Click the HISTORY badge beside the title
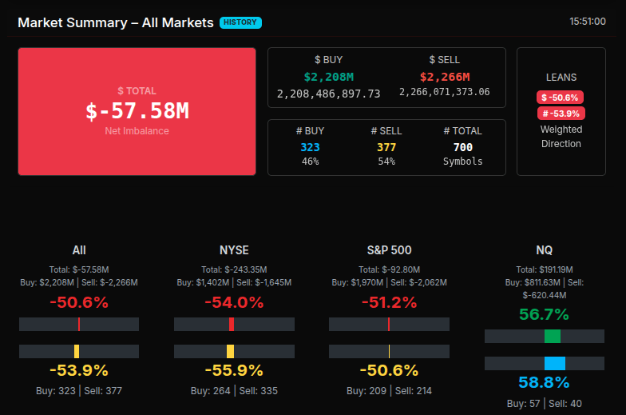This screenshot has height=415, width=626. click(240, 22)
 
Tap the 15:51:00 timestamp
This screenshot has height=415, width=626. click(587, 22)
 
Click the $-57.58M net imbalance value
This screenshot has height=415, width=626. click(137, 111)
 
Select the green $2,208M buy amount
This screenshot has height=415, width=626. click(328, 77)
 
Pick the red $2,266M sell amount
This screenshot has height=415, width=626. click(444, 77)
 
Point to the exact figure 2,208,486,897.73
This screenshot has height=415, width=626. click(328, 94)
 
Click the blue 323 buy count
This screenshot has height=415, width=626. click(310, 147)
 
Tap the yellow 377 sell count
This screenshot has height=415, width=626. click(386, 147)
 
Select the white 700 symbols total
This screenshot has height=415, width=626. click(462, 147)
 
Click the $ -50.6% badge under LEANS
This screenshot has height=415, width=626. click(561, 97)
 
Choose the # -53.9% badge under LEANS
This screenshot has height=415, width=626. click(561, 114)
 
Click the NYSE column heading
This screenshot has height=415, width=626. click(234, 250)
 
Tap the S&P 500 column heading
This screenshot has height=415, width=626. click(389, 250)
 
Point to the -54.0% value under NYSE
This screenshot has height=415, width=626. click(234, 302)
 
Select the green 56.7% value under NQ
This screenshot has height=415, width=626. click(544, 314)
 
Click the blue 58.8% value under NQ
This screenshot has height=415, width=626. click(544, 382)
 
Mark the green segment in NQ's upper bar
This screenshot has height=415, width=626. click(552, 336)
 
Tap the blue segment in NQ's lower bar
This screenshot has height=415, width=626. click(554, 363)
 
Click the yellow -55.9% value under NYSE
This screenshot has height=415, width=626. click(234, 370)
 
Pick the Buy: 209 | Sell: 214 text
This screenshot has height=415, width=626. click(389, 391)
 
